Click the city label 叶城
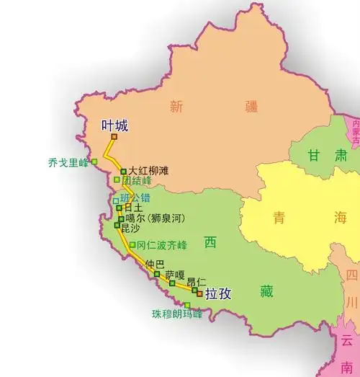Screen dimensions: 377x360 [x=115, y=125]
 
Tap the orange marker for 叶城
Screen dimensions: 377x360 [x=114, y=137]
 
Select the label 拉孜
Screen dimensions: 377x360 [x=218, y=294]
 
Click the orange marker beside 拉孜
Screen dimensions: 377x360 [x=199, y=293]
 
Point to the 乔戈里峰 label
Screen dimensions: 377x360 [x=67, y=163]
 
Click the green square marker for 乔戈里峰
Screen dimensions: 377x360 [x=94, y=162]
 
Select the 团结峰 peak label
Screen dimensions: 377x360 [x=137, y=180]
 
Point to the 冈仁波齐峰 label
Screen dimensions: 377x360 [x=161, y=245]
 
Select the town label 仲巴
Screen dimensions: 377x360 [x=154, y=264]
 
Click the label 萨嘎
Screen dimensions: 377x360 [x=175, y=275]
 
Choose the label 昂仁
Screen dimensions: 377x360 [x=197, y=282]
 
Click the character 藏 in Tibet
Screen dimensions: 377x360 [x=267, y=291]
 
